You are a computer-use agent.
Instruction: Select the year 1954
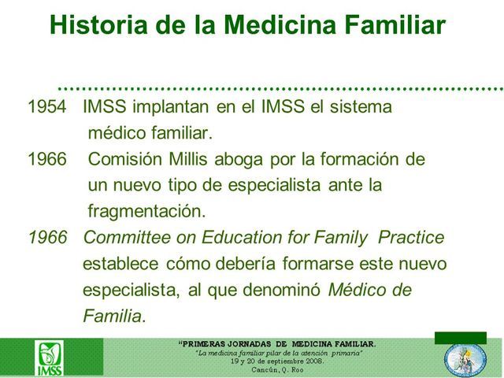[x=47, y=106]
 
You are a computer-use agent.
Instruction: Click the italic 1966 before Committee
[x=47, y=237]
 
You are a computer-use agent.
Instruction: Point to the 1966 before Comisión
[x=47, y=158]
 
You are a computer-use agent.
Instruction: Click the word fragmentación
[x=146, y=211]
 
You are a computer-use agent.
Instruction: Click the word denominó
[x=284, y=290]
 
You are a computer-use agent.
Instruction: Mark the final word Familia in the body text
[x=113, y=317]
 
